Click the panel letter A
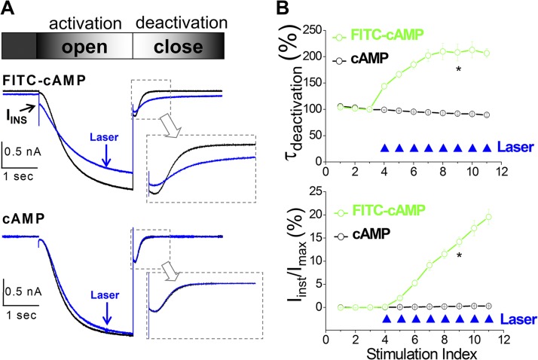[9, 8]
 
